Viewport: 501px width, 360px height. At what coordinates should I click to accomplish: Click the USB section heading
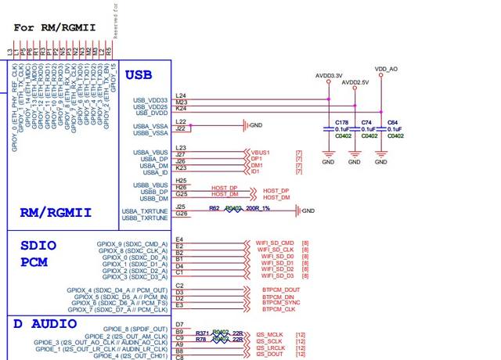tap(139, 75)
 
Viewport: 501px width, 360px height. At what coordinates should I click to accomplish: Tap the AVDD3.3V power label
tap(330, 77)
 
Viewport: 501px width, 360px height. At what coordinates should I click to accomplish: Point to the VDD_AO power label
tap(386, 70)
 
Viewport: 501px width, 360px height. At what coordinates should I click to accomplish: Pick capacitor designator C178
tap(341, 123)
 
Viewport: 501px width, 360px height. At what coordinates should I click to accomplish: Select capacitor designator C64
tap(393, 123)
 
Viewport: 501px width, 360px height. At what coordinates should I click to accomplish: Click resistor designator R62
tap(214, 208)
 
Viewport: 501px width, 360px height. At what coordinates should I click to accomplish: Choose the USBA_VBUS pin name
tap(150, 152)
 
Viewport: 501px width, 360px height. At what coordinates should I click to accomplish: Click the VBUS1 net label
tap(261, 152)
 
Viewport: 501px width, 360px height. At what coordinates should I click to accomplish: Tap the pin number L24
tap(181, 95)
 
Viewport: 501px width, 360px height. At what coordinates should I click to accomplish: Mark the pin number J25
tap(181, 207)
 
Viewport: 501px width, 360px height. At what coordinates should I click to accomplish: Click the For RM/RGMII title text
tap(55, 27)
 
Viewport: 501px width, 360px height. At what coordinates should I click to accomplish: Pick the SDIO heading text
tap(38, 244)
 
